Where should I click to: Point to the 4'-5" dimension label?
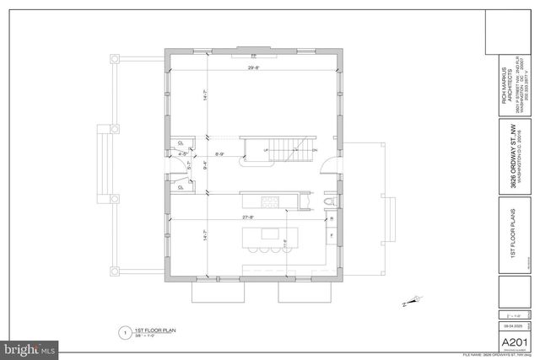pyautogui.click(x=183, y=153)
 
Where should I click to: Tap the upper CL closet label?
pyautogui.click(x=181, y=142)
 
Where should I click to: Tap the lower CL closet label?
pyautogui.click(x=181, y=187)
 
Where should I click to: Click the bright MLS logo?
pyautogui.click(x=30, y=347)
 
